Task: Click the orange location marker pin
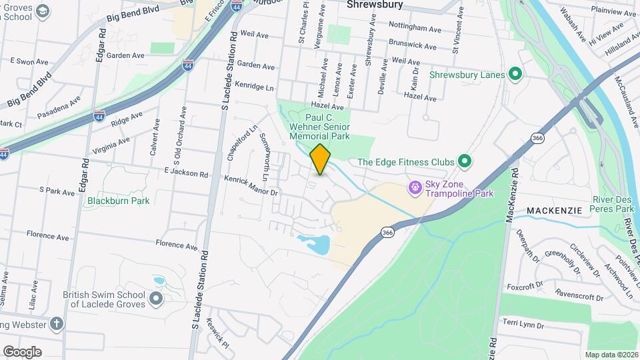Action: coord(320,159)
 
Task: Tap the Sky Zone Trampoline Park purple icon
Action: coord(415,188)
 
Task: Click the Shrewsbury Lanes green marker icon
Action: coord(515,75)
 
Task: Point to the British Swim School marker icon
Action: coord(156,299)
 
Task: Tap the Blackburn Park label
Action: coord(118,200)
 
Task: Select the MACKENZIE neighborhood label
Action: coord(554,210)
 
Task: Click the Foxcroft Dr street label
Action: coord(525,287)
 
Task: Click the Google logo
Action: coord(22,351)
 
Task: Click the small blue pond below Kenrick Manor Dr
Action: coord(315,244)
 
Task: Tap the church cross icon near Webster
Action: coord(57,325)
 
